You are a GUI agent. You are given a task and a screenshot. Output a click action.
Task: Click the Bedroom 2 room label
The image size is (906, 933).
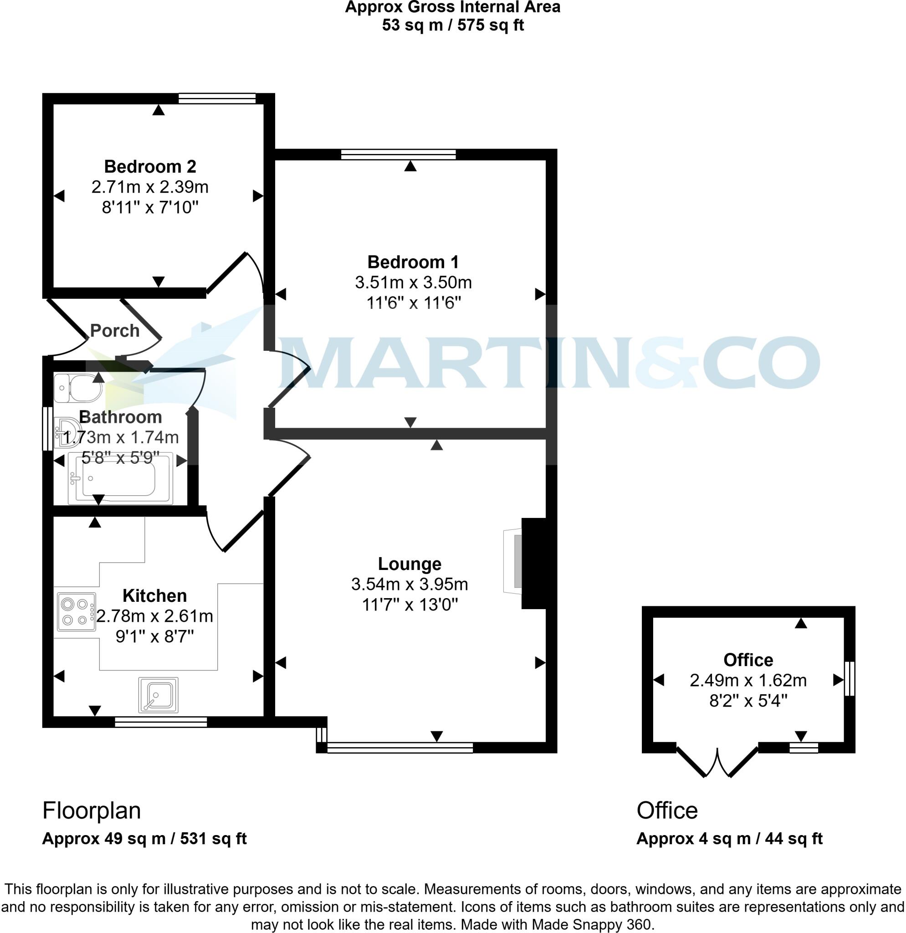pyautogui.click(x=150, y=167)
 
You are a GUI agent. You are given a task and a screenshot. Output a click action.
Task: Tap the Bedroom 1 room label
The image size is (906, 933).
pyautogui.click(x=413, y=262)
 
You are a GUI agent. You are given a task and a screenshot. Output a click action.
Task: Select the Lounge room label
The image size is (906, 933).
pyautogui.click(x=409, y=564)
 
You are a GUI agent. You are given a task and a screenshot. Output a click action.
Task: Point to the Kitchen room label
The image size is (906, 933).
pyautogui.click(x=155, y=595)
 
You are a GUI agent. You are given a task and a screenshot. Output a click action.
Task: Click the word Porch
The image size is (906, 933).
pyautogui.click(x=115, y=331)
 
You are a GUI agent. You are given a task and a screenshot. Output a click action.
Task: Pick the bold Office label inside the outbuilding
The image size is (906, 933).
pyautogui.click(x=748, y=660)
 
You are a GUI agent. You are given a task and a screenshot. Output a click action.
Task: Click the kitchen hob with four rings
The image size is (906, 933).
pyautogui.click(x=76, y=612)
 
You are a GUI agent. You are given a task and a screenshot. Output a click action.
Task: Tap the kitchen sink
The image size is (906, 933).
pyautogui.click(x=159, y=695)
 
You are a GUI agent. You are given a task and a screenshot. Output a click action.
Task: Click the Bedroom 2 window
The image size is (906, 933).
pyautogui.click(x=217, y=98)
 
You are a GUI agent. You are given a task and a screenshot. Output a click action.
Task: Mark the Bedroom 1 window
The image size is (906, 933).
pyautogui.click(x=398, y=154)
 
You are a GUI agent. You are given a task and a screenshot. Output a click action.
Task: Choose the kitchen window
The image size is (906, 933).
pyautogui.click(x=161, y=722)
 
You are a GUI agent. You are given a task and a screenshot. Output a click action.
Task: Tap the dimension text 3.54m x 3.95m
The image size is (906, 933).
pyautogui.click(x=409, y=584)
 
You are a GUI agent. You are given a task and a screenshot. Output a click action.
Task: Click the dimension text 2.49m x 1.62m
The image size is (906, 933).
pyautogui.click(x=748, y=680)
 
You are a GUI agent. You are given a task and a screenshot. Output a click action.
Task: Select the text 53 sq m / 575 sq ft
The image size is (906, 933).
pyautogui.click(x=452, y=25)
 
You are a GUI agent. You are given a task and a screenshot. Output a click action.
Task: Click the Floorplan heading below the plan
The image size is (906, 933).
pyautogui.click(x=92, y=810)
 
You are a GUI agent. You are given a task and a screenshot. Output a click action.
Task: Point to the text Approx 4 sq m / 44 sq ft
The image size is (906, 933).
pyautogui.click(x=729, y=838)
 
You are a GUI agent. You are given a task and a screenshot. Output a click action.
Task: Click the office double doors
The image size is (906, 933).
pyautogui.click(x=717, y=762)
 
